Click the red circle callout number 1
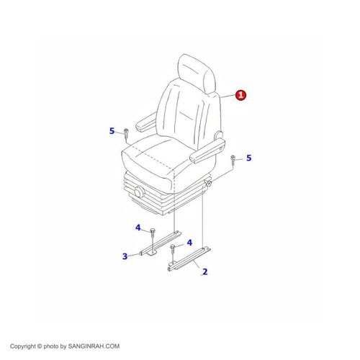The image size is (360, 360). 240,95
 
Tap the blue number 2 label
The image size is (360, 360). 204,271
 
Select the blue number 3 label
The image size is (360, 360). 125,256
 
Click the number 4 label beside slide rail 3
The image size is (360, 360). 138,228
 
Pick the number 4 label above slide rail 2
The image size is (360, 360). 189,243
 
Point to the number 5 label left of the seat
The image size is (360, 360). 112,131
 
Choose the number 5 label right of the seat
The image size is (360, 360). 249,158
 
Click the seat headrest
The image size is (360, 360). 197,73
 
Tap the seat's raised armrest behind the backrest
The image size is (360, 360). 147,122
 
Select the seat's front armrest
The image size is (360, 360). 207,150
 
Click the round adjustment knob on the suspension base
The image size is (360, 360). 140,192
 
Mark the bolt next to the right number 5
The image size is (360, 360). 233,160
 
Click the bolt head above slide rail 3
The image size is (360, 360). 152,231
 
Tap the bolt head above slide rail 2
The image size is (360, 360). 173,246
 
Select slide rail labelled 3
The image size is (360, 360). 161,243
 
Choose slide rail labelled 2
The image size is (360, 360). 189,259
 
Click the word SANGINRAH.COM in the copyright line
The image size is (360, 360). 94,346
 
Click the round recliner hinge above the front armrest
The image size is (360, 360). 219,135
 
